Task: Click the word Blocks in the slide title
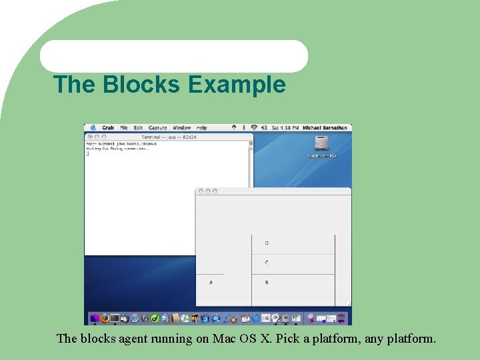click(x=139, y=85)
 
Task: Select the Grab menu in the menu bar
click(x=108, y=127)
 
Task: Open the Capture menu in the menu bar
click(x=158, y=127)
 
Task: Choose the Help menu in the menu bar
click(x=202, y=127)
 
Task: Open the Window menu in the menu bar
click(x=181, y=127)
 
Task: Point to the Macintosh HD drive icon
click(x=321, y=145)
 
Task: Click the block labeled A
click(x=211, y=283)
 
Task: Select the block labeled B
click(x=267, y=283)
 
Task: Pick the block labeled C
click(x=267, y=263)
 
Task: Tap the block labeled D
click(x=267, y=243)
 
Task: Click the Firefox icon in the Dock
click(x=105, y=318)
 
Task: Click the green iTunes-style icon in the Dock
click(x=154, y=318)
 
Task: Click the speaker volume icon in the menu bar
click(x=264, y=127)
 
